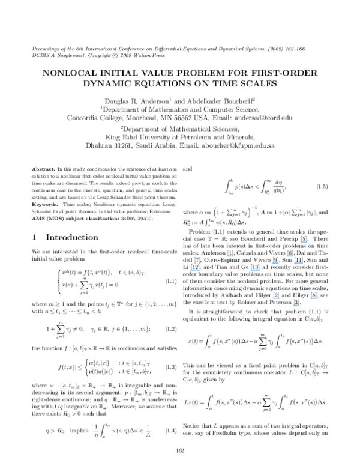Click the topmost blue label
click(x=304, y=242)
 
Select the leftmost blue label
click(x=194, y=270)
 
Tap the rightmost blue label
click(x=314, y=298)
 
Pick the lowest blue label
click(x=296, y=306)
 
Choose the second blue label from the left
click(x=230, y=256)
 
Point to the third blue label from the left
click(x=255, y=270)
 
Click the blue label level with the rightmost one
click(x=276, y=298)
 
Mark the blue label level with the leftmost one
click(x=255, y=270)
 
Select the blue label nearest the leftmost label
click(x=230, y=256)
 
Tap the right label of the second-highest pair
click(x=290, y=256)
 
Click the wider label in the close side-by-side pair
click(x=299, y=263)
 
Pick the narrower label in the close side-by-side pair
click(x=275, y=263)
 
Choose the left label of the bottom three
click(x=276, y=298)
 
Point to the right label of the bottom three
click(x=314, y=298)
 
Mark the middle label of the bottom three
click(x=296, y=306)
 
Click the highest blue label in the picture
click(x=304, y=242)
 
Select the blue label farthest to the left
click(x=194, y=270)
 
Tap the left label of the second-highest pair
click(x=230, y=256)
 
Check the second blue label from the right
click(x=304, y=242)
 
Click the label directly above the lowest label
click(x=299, y=263)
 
